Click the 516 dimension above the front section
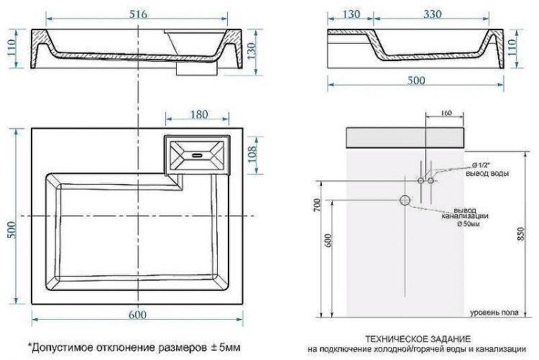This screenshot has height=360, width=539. click(137, 12)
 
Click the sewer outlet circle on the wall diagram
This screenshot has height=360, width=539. click(405, 200)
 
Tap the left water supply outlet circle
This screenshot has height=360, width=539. click(420, 180)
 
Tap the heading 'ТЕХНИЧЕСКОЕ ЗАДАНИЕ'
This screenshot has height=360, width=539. click(418, 338)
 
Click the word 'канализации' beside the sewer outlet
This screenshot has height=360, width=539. click(466, 216)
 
